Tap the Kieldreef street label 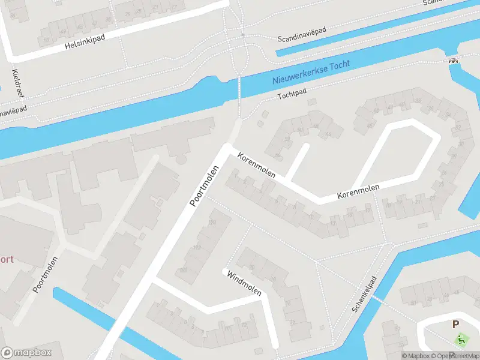point(16,82)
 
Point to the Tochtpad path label point(292,95)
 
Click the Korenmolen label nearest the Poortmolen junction point(256,166)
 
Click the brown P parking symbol point(455,325)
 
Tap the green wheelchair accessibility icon point(461,340)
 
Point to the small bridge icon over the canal point(454,59)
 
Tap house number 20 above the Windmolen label point(252,267)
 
